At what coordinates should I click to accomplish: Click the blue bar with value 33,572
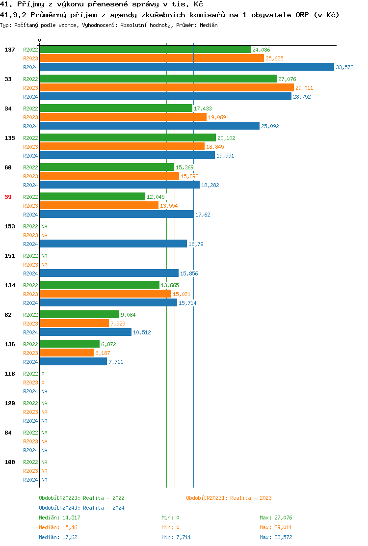186,67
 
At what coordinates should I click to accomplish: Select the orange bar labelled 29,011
166,88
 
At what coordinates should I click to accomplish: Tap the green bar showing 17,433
116,109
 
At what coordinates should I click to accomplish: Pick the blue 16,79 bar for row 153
113,244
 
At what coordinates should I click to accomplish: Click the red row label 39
8,197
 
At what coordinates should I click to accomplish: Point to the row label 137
10,50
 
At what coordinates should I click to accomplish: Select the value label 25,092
270,126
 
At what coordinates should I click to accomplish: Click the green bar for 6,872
70,344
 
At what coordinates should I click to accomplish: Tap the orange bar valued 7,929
74,324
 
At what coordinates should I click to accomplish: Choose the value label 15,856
189,273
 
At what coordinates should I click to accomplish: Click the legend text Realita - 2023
251,498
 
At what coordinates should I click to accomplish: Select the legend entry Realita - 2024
104,508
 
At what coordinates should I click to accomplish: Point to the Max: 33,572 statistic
276,537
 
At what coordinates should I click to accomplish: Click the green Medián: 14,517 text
59,518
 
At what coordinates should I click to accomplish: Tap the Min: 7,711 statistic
176,537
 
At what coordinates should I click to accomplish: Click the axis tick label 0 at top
40,40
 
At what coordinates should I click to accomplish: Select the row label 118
10,374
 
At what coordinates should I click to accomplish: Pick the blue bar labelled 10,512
85,332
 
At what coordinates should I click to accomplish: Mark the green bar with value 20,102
128,138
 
